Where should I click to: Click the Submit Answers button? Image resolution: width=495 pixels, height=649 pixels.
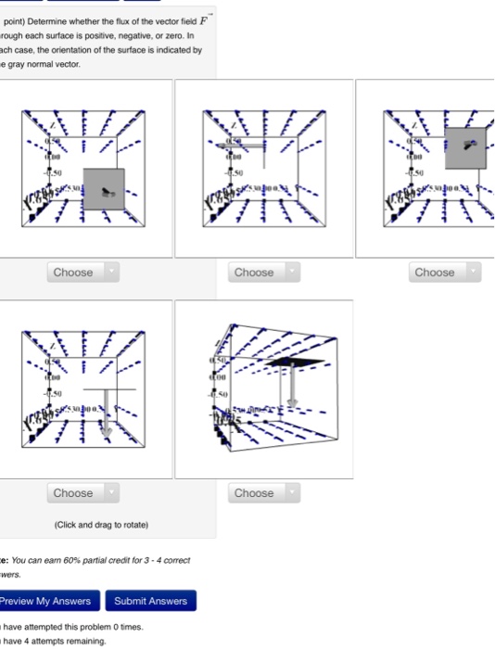(152, 601)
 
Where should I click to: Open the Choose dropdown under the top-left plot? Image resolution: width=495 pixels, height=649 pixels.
(81, 273)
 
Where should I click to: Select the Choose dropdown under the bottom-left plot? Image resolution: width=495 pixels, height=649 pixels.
(81, 493)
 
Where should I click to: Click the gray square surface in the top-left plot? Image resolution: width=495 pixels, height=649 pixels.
(104, 189)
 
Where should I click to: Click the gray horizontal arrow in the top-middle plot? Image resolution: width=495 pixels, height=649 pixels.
(243, 146)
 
